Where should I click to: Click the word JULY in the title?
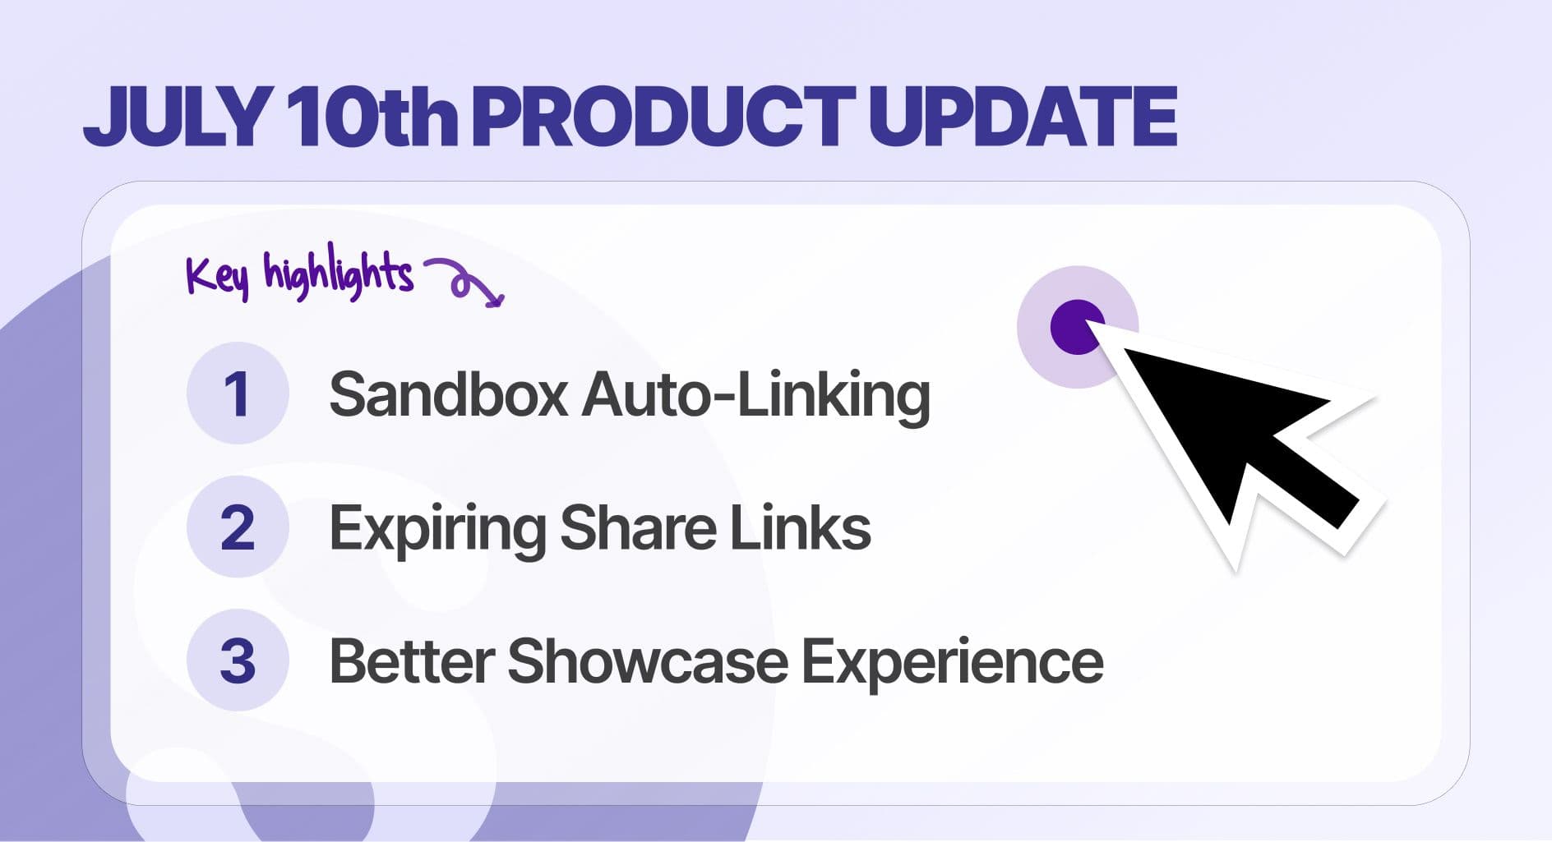pos(178,117)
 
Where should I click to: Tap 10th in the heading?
pos(372,117)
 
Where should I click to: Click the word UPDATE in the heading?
pos(1023,117)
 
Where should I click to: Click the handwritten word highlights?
pos(338,273)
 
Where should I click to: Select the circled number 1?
pos(238,393)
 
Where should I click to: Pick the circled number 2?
pos(238,527)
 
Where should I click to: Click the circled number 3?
pos(238,660)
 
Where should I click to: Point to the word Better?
pos(412,661)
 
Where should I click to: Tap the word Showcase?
pos(648,661)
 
